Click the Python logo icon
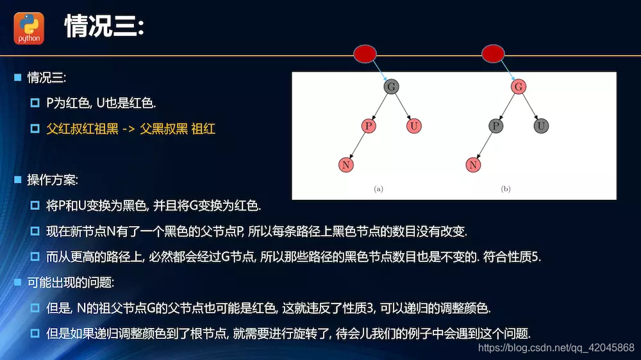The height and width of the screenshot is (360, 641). click(x=29, y=28)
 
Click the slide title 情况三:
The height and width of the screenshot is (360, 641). click(x=105, y=28)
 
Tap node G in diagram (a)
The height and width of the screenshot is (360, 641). click(x=391, y=86)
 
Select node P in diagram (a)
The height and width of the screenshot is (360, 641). click(x=369, y=126)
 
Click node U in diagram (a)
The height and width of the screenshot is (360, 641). click(x=414, y=126)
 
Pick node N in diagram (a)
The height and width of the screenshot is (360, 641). click(x=346, y=165)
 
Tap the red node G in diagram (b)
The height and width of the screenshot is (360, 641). click(x=519, y=86)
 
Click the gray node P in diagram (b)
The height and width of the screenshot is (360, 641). click(x=495, y=126)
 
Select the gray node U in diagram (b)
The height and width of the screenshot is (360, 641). click(x=542, y=126)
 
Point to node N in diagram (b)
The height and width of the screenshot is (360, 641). click(x=473, y=165)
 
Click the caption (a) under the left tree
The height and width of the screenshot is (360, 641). click(x=378, y=189)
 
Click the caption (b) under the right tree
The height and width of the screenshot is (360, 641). click(x=506, y=189)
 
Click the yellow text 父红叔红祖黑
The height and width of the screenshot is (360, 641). click(x=83, y=129)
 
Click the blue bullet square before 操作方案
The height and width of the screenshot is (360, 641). click(x=18, y=180)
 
